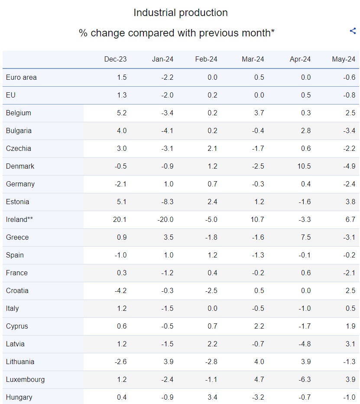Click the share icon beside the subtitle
pos(353,31)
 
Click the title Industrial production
pos(180,13)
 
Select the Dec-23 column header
pos(115,59)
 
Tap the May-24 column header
pos(344,59)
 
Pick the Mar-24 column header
pos(253,59)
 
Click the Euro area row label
pos(21,78)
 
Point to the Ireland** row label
pos(19,220)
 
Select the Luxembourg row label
pos(25,380)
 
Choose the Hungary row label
pos(19,397)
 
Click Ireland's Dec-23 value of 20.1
pos(120,220)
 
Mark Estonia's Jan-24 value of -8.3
pos(166,202)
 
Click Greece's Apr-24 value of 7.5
pos(305,238)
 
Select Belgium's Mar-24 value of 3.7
pos(259,113)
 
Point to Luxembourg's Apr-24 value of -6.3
pos(305,380)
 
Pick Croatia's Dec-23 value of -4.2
pos(120,291)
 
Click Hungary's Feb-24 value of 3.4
pos(212,397)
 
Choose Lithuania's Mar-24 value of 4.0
pos(259,362)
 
